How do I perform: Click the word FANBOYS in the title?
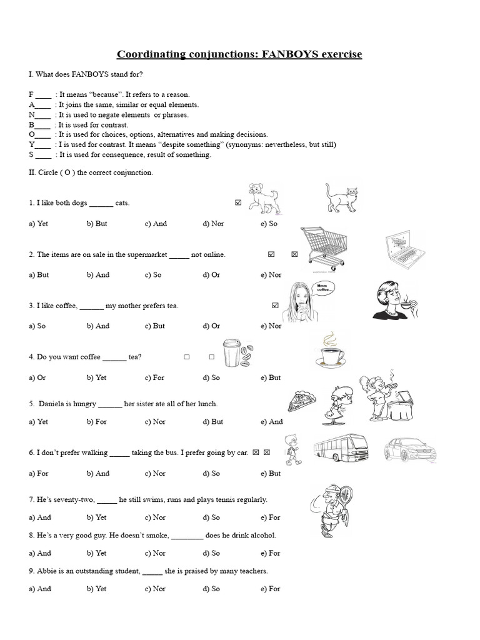(291, 54)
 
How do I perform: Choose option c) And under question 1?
(156, 224)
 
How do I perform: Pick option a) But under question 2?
(39, 275)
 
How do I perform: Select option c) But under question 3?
(154, 326)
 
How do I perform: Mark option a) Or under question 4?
(37, 377)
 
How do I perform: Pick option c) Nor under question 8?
(155, 553)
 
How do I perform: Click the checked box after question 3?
(275, 306)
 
